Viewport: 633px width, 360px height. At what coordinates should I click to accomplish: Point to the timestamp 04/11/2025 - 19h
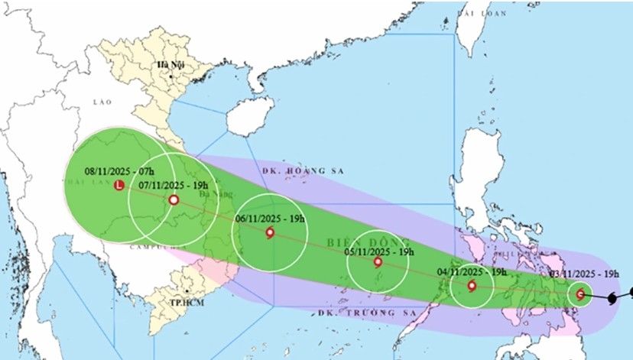pyautogui.click(x=472, y=271)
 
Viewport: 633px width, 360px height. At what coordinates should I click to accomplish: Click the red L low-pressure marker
pyautogui.click(x=118, y=186)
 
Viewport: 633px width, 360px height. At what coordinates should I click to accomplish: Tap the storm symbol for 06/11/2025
pyautogui.click(x=270, y=233)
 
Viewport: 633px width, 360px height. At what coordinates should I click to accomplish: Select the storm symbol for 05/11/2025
pyautogui.click(x=378, y=262)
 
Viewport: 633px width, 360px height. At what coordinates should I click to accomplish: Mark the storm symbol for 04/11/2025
pyautogui.click(x=471, y=287)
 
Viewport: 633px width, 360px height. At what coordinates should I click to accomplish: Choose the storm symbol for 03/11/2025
pyautogui.click(x=580, y=294)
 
